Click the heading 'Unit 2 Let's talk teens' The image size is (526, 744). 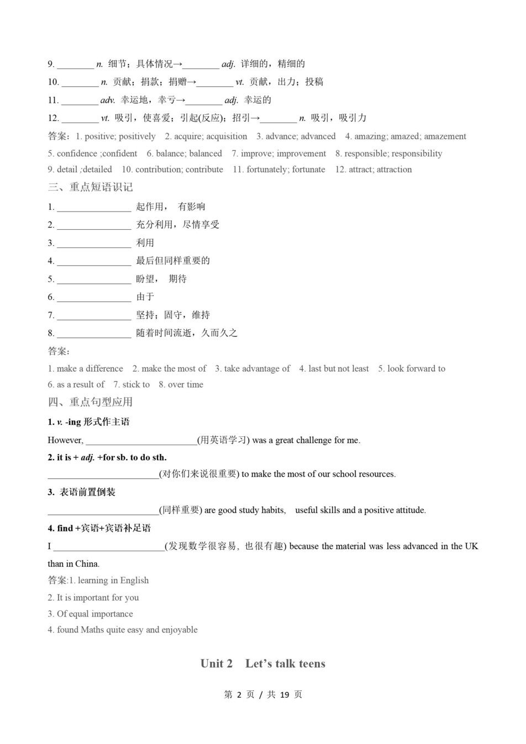262,663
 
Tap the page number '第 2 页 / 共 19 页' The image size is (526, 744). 263,694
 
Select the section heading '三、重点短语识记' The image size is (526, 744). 90,187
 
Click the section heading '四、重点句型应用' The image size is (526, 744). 90,402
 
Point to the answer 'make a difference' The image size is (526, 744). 90,368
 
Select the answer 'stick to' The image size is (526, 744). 136,384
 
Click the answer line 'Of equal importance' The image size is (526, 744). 94,614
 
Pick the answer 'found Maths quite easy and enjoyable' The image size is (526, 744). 127,630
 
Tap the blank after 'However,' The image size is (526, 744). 141,442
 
